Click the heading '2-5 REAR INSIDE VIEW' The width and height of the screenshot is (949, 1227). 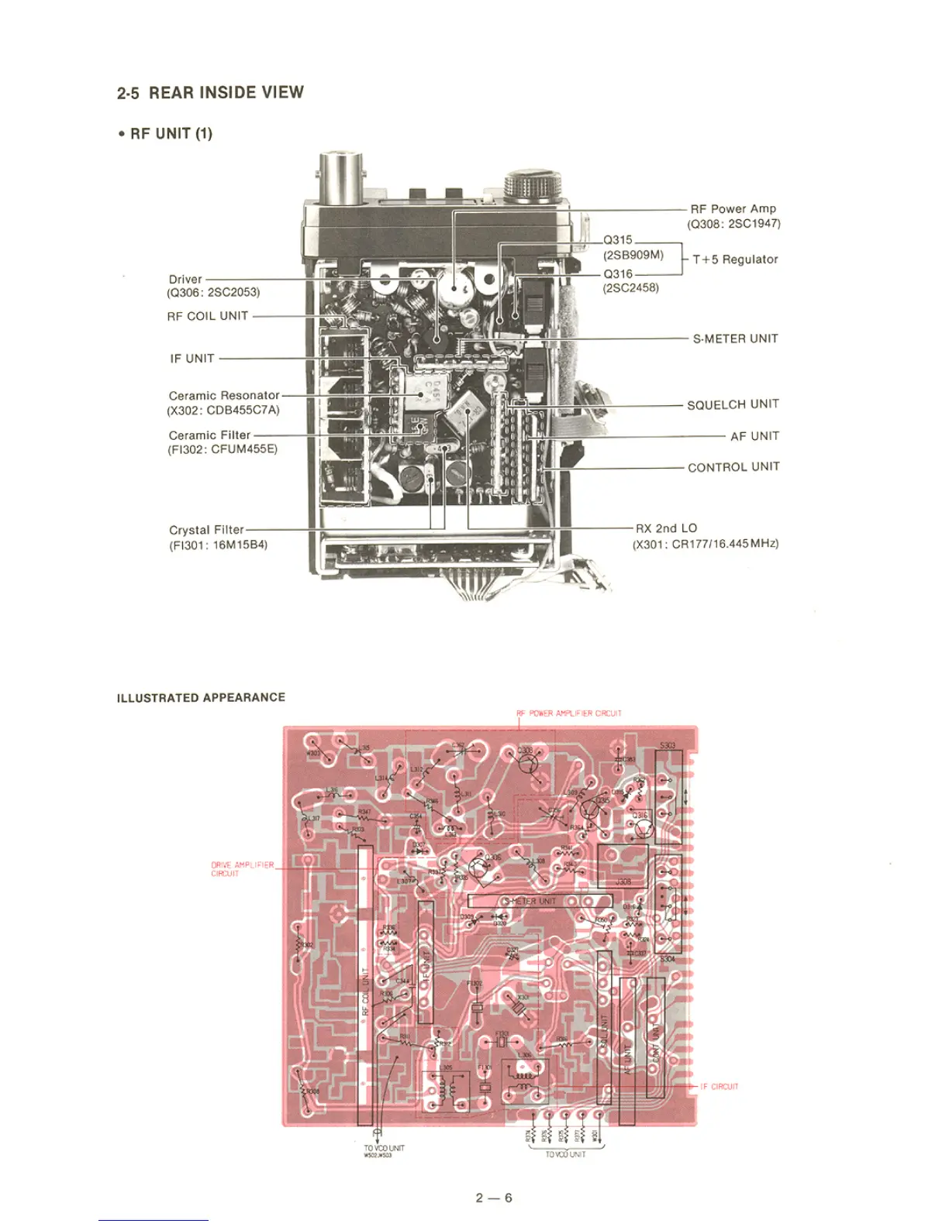pyautogui.click(x=210, y=93)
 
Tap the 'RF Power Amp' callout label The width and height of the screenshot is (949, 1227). pyautogui.click(x=733, y=208)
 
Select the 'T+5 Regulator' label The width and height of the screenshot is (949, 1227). pyautogui.click(x=735, y=259)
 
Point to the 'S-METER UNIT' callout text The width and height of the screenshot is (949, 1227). pyautogui.click(x=735, y=339)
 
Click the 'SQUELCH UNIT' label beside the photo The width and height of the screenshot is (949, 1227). pyautogui.click(x=733, y=404)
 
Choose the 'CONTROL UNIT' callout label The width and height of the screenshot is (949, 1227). pyautogui.click(x=733, y=467)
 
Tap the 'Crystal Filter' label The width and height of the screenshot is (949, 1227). pyautogui.click(x=206, y=530)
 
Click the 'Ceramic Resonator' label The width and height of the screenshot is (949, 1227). pyautogui.click(x=224, y=395)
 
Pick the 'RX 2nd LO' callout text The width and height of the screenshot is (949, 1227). pyautogui.click(x=666, y=528)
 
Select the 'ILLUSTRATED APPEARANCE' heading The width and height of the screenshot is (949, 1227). pyautogui.click(x=201, y=697)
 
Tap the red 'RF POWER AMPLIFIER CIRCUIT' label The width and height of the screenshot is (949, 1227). pyautogui.click(x=569, y=713)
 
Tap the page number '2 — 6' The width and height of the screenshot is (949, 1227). pyautogui.click(x=494, y=1198)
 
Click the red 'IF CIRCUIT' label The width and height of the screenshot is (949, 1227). pyautogui.click(x=719, y=1087)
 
